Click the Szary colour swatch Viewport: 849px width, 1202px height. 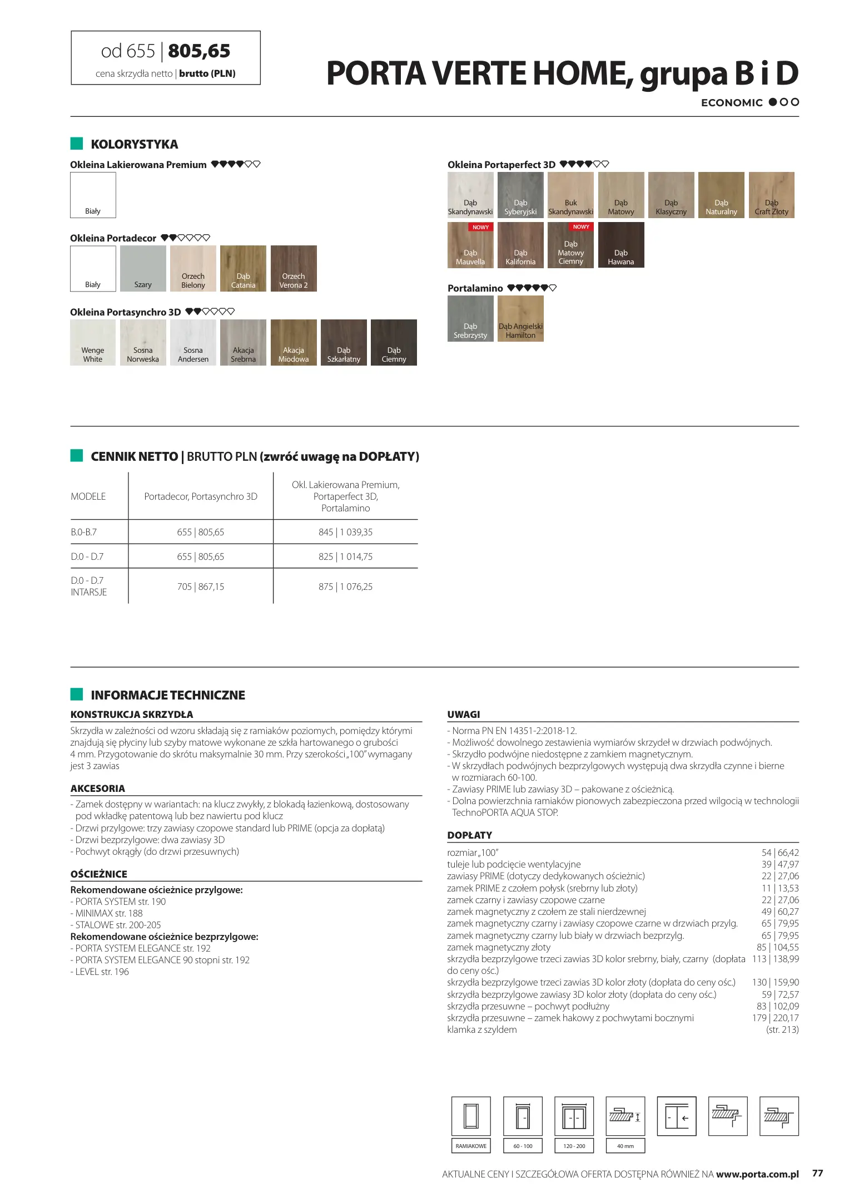coord(143,269)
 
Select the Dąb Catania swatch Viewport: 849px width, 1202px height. coord(243,269)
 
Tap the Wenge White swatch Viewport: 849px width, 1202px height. coord(93,342)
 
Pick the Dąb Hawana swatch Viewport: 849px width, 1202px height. coord(621,245)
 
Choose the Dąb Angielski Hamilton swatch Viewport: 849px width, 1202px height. coord(520,318)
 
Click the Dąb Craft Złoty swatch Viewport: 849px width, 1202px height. coord(771,195)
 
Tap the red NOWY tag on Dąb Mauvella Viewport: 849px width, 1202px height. coord(480,227)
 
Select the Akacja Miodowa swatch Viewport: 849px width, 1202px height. coord(294,342)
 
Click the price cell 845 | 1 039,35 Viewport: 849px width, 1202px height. coord(345,532)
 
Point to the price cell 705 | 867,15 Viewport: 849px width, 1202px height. coord(201,587)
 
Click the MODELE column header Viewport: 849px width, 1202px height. coord(88,496)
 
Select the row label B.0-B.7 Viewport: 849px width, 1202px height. coord(84,532)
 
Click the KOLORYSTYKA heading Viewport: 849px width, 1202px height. coord(135,144)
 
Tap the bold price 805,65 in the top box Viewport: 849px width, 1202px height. coord(199,51)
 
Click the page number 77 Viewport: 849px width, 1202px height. coord(817,1173)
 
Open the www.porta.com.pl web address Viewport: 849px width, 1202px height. coord(757,1174)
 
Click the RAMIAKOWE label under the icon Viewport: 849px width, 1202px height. coord(471,1146)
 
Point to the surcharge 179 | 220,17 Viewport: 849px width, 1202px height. coord(775,1018)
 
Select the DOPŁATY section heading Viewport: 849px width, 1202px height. coord(470,835)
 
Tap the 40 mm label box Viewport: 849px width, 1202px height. coord(625,1146)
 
